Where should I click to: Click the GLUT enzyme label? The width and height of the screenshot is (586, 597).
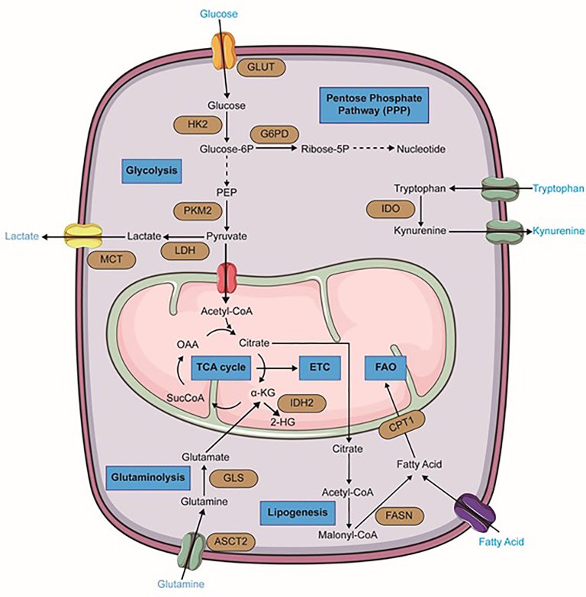(262, 67)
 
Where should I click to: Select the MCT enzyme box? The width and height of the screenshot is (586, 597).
(108, 259)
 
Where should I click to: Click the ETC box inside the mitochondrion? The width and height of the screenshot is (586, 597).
(317, 368)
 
